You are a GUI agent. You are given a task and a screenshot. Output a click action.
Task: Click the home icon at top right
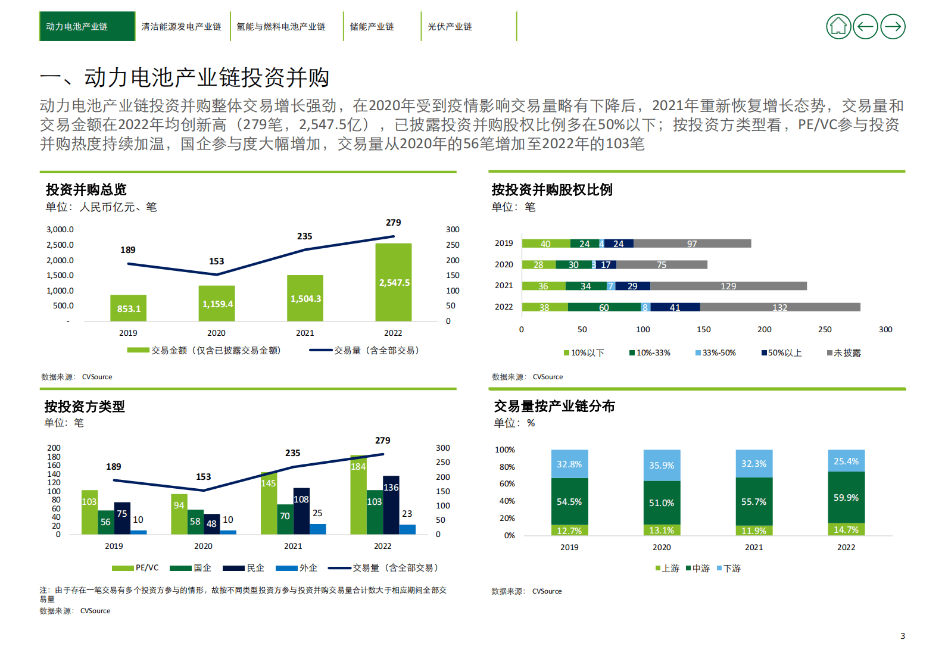[838, 27]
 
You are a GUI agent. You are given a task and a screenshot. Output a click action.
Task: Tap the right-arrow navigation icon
[892, 27]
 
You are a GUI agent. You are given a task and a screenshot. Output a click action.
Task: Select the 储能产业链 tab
[372, 27]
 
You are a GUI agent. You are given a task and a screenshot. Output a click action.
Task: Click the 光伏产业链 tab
[450, 27]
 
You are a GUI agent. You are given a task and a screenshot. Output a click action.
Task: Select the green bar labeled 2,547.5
[394, 283]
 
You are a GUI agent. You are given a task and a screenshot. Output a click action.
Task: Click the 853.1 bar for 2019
[129, 308]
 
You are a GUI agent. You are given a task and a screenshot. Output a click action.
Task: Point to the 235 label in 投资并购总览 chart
[304, 236]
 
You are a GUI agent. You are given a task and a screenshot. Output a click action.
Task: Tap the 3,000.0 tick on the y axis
[60, 229]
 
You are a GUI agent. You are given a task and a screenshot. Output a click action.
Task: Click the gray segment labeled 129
[728, 286]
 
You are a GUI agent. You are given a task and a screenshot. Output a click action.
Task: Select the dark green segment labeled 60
[604, 308]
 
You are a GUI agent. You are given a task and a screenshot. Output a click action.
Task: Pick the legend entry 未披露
[844, 353]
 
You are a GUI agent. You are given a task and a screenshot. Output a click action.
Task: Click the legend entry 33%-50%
[716, 353]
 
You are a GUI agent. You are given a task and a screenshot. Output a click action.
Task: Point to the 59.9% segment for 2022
[846, 498]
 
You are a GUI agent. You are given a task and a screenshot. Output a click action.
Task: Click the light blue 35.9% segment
[662, 466]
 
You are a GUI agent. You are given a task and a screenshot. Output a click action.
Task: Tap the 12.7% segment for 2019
[569, 530]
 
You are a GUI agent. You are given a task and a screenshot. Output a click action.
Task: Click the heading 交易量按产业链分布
[554, 406]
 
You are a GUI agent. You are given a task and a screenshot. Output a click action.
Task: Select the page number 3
[902, 636]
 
